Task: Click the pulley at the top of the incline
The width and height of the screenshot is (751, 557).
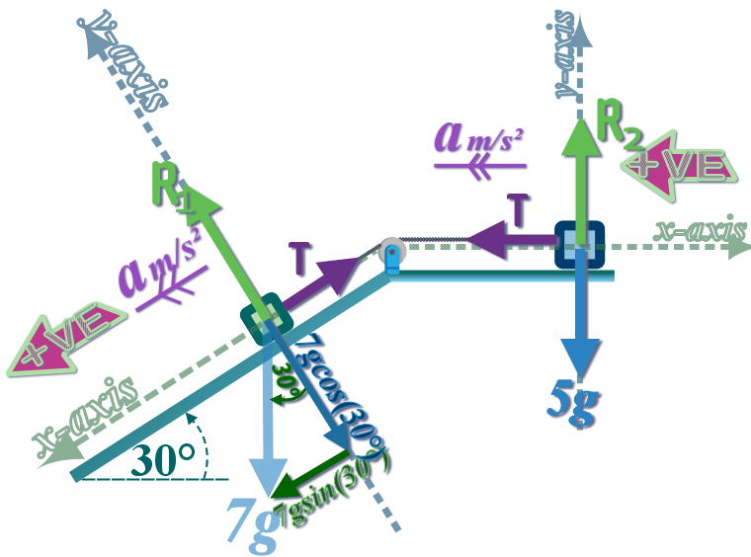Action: (x=392, y=253)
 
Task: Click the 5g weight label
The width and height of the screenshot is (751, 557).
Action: (x=574, y=401)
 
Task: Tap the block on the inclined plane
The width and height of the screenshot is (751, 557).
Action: (x=264, y=318)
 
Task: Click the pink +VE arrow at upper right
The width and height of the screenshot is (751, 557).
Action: (x=680, y=164)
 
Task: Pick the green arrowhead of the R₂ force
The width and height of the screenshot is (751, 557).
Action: (x=580, y=132)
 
